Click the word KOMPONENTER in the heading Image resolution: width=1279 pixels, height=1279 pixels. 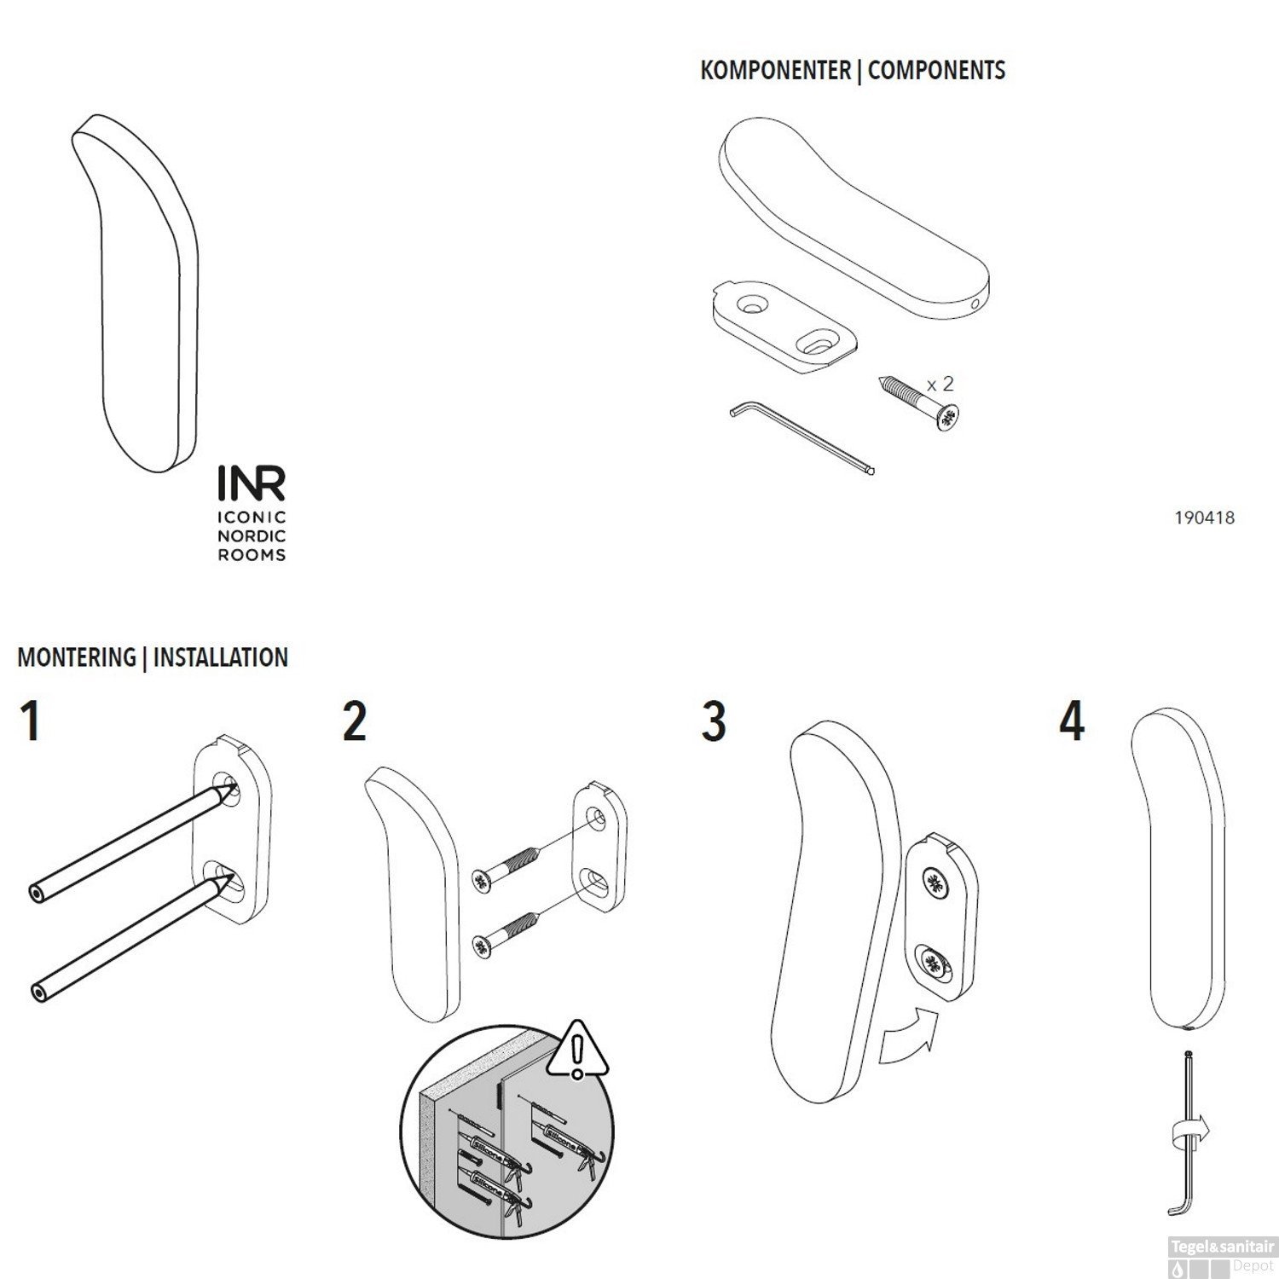click(x=775, y=70)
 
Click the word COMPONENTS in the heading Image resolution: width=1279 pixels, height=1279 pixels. click(x=936, y=70)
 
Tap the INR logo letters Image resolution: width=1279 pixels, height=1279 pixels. click(x=252, y=483)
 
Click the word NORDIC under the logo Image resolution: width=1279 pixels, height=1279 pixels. click(x=252, y=536)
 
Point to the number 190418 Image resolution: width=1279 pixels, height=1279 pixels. click(x=1204, y=518)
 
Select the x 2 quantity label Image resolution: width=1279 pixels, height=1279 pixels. click(x=940, y=384)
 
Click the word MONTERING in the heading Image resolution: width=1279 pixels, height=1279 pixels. click(x=77, y=657)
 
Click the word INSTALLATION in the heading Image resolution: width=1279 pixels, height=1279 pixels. click(x=221, y=657)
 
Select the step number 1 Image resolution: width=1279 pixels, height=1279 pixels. click(x=31, y=721)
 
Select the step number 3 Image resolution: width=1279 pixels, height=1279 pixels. click(x=714, y=721)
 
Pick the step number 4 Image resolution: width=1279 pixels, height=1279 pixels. click(x=1072, y=721)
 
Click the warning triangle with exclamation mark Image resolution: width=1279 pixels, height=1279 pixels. click(x=578, y=1050)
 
